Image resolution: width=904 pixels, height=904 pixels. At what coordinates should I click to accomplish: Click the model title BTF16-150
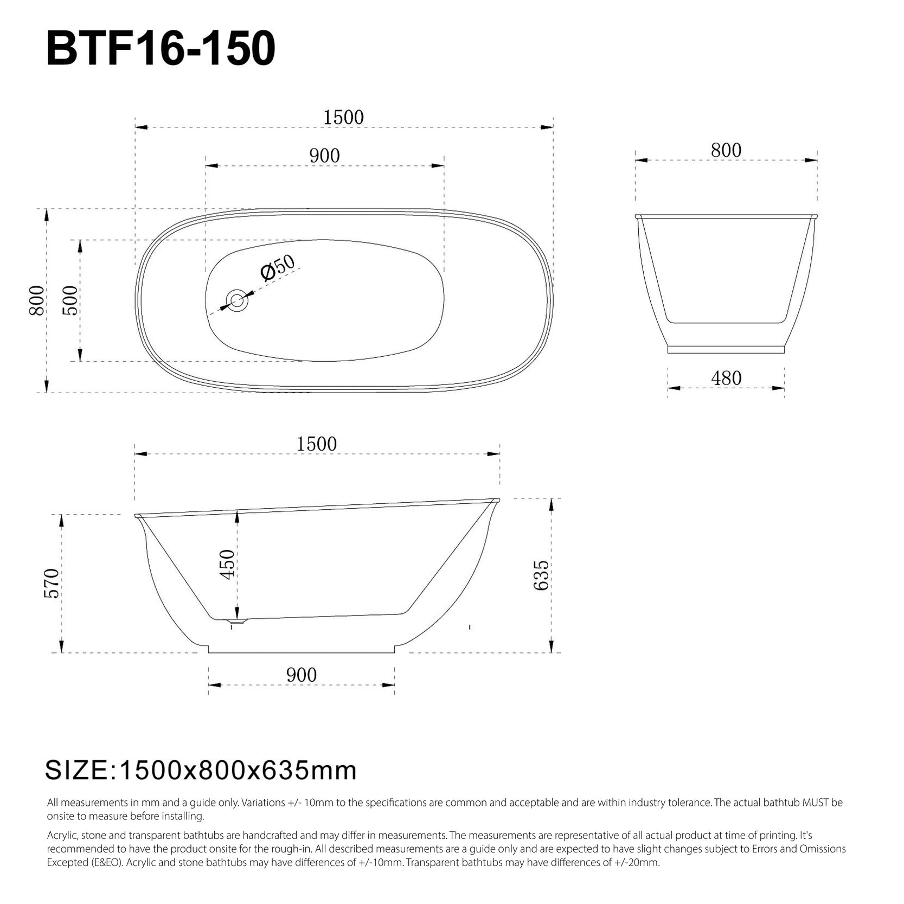point(161,49)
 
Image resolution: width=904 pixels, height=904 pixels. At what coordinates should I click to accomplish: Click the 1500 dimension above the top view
point(343,117)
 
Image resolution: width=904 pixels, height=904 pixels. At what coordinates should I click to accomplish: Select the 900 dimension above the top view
point(324,156)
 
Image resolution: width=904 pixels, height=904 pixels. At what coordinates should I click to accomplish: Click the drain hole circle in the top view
point(237,300)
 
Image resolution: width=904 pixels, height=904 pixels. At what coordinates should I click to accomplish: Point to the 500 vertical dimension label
point(70,300)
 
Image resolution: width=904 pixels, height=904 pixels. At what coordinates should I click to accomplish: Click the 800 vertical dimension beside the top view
point(37,300)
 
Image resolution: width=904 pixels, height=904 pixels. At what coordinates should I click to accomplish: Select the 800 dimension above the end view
point(726,150)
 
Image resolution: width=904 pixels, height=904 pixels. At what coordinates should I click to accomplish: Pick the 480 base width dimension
point(726,378)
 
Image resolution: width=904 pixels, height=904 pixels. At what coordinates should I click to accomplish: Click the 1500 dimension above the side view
point(317,444)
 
